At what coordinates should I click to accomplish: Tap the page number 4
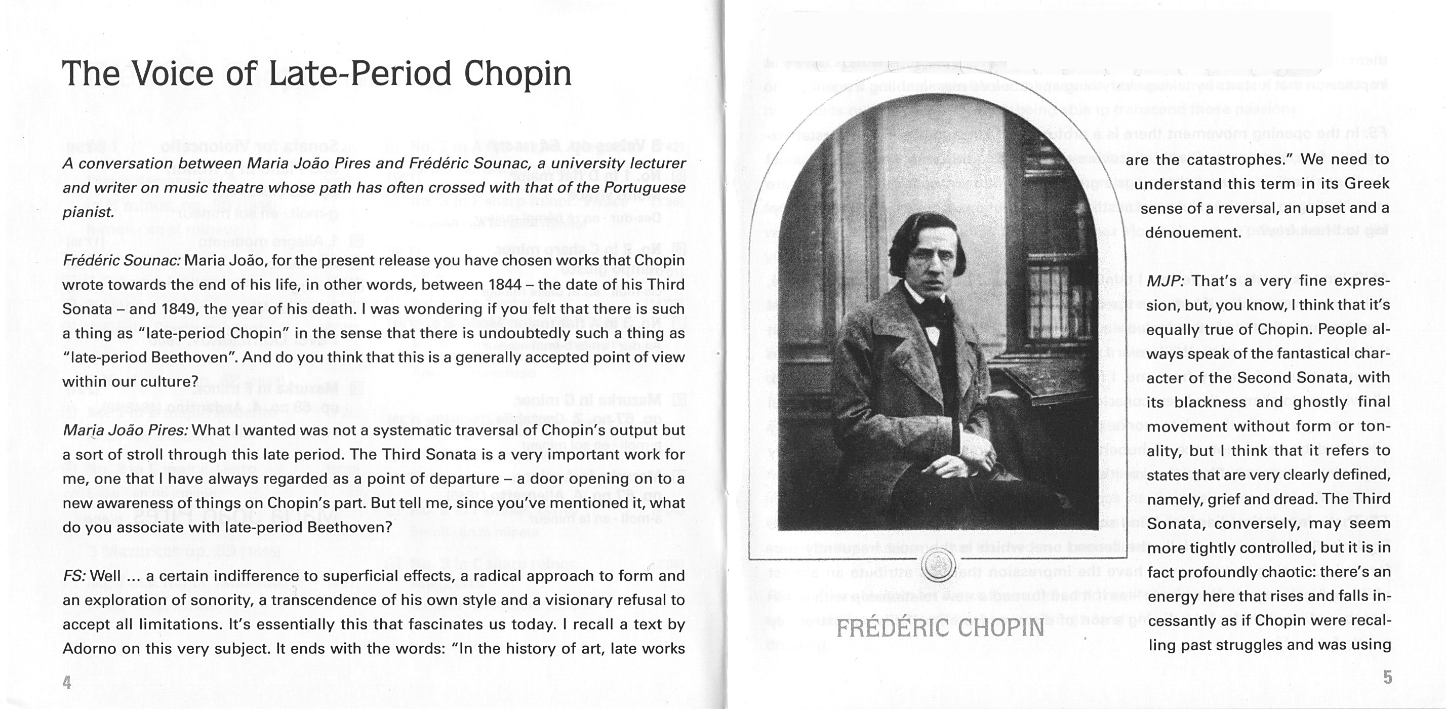point(67,683)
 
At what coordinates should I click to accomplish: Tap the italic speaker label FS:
point(74,576)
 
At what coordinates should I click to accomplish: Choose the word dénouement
point(1193,232)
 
